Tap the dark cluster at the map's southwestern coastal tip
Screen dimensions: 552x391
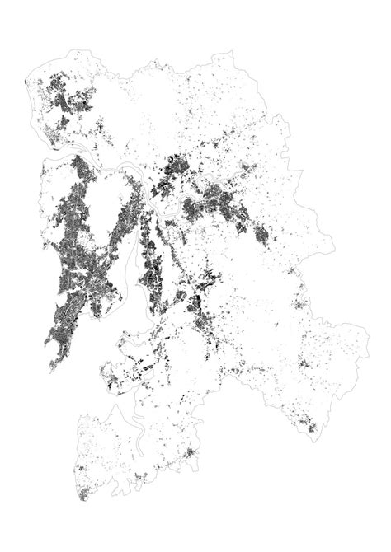pyautogui.click(x=83, y=495)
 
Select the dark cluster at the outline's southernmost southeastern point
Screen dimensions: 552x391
pyautogui.click(x=311, y=427)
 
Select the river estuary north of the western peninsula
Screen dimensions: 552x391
pyautogui.click(x=62, y=152)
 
